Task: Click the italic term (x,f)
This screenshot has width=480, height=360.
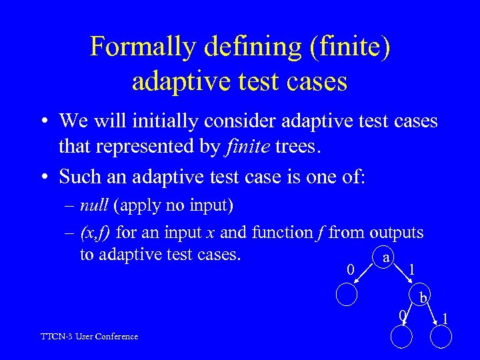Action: point(97,233)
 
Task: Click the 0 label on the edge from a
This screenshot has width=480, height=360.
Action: point(351,270)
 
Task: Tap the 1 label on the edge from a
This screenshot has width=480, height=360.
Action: point(413,270)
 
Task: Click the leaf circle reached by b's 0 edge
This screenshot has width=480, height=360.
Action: point(401,338)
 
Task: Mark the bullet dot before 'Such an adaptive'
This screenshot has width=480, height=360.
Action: point(44,177)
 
